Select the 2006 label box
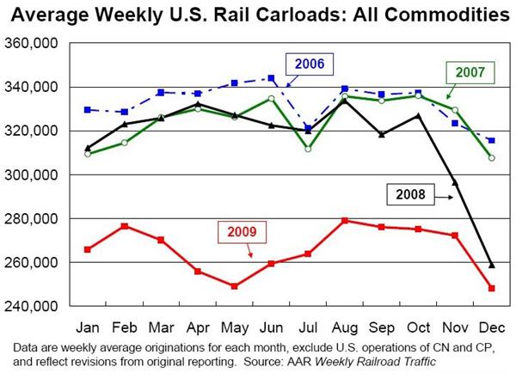coord(308,64)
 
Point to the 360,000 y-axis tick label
coord(34,43)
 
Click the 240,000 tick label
coord(34,306)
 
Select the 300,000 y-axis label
coord(34,174)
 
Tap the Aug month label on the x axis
coord(346,327)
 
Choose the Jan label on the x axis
coord(88,327)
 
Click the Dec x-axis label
coord(492,327)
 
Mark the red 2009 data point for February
coord(125,226)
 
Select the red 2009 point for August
coord(345,221)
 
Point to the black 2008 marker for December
coord(492,265)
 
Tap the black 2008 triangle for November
coord(456,182)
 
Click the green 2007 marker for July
coord(308,149)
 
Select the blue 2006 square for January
coord(88,110)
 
